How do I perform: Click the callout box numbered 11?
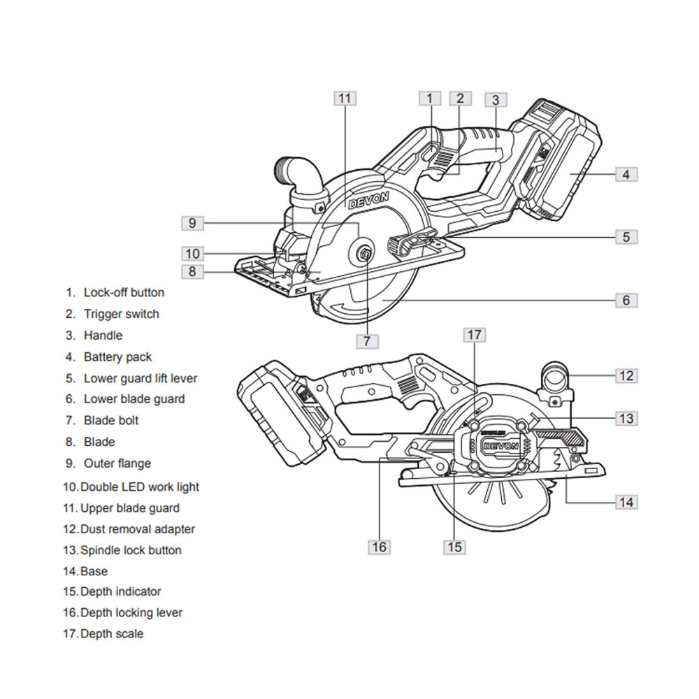(344, 98)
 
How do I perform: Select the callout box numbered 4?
(626, 174)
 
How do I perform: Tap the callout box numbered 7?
(366, 341)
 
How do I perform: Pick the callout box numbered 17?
(474, 335)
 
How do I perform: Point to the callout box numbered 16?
(379, 547)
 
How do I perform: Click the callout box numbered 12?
(626, 376)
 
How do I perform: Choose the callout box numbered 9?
(192, 223)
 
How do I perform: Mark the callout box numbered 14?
(626, 502)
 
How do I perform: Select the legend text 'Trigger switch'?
(122, 314)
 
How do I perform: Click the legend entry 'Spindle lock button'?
(131, 550)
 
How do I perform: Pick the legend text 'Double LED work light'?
(139, 487)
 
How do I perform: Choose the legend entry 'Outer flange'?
(117, 463)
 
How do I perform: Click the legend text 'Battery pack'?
(117, 356)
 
